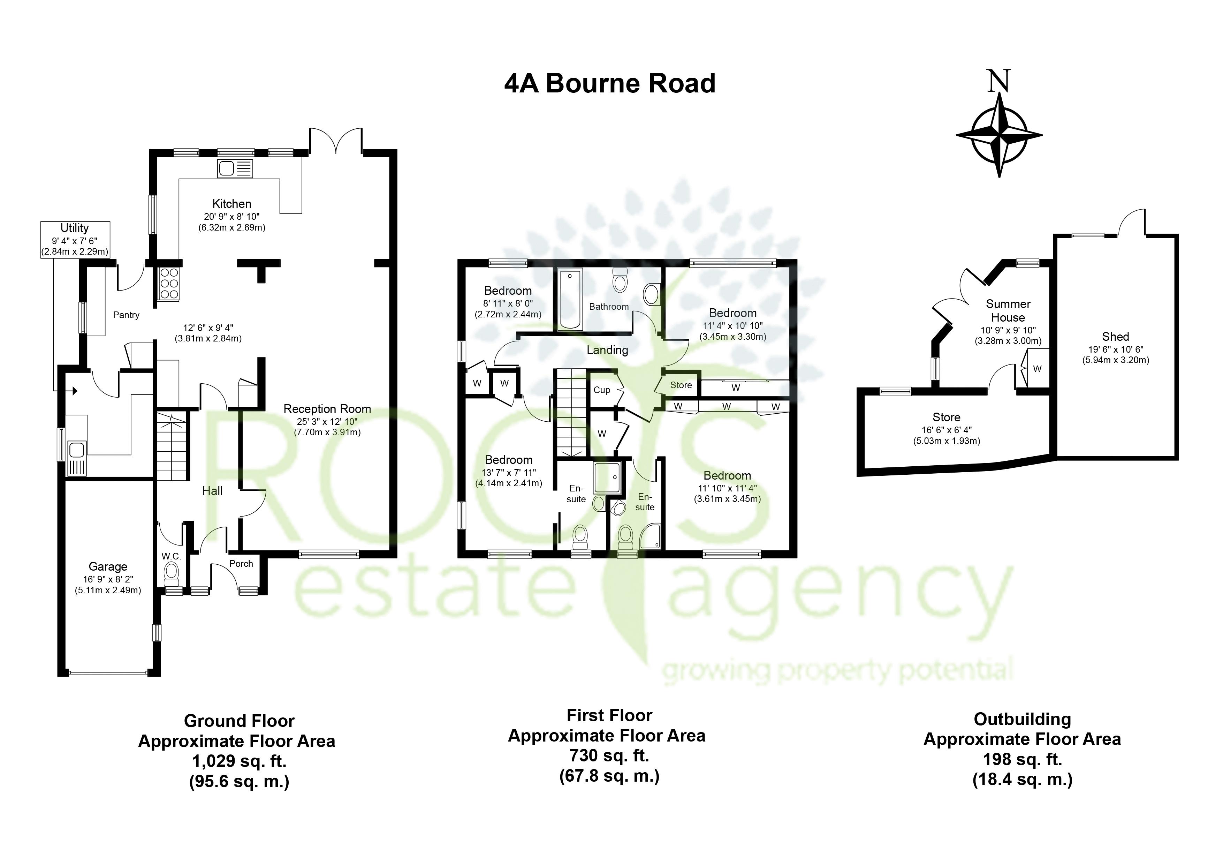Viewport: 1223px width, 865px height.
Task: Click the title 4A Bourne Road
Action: tap(609, 84)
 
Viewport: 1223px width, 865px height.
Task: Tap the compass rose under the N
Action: tap(999, 135)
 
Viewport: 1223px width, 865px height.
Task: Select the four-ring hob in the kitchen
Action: tap(169, 283)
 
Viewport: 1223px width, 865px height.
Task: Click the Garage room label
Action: tap(108, 566)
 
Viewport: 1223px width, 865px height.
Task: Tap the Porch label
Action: tap(241, 563)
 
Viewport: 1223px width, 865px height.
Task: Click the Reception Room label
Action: tap(327, 409)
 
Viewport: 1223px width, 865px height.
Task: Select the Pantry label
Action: tap(126, 315)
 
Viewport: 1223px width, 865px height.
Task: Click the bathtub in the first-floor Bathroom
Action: tap(570, 299)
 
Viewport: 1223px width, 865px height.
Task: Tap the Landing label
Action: tap(607, 350)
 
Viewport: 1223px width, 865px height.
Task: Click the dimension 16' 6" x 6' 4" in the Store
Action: tap(947, 430)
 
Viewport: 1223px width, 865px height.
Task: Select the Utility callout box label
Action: tap(75, 228)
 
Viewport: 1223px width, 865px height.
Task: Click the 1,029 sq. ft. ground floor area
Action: tap(239, 762)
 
